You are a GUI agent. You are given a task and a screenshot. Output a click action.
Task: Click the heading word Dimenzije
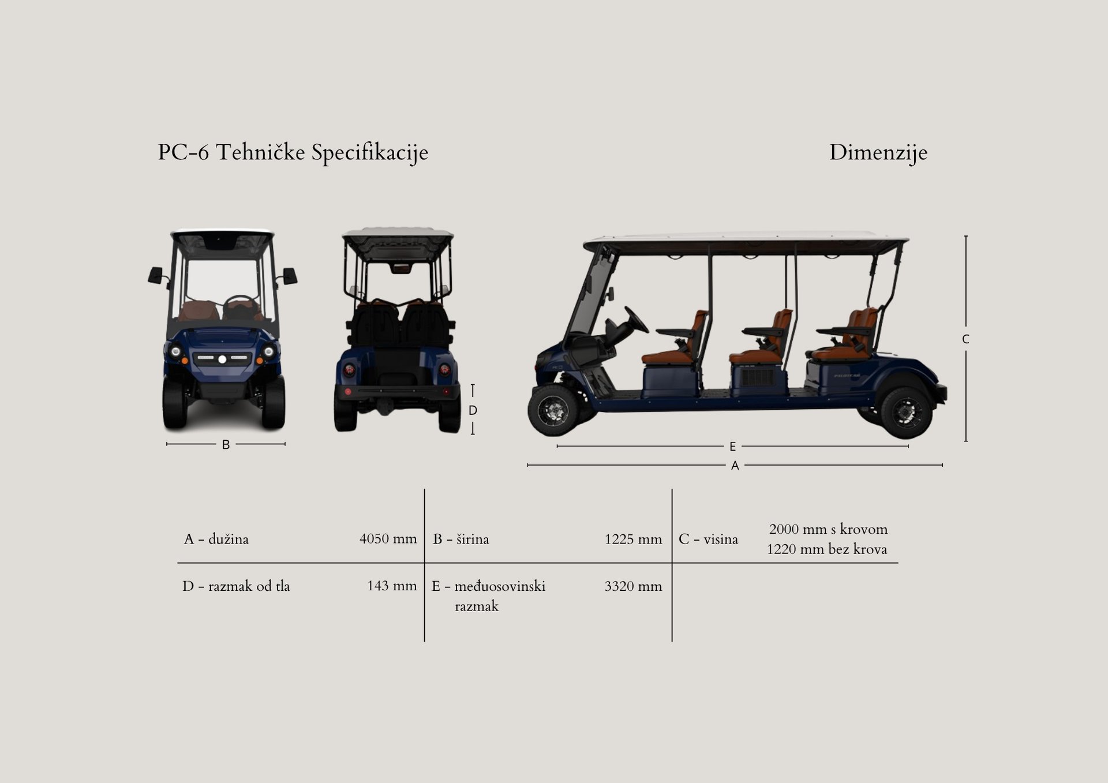pos(878,153)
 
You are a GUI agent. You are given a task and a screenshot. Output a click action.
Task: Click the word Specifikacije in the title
pos(369,153)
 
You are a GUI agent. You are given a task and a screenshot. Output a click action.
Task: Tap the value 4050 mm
pos(388,539)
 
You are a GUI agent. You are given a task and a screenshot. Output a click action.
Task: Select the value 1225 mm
pos(633,539)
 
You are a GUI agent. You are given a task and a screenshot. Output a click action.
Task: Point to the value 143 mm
pos(392,586)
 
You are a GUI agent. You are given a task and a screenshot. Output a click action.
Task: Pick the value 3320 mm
pos(633,586)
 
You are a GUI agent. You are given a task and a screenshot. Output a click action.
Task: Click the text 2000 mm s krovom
pos(828,529)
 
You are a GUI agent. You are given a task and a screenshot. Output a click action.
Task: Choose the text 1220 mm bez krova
pos(826,549)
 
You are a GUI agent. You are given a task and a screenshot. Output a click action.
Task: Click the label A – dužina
pos(216,539)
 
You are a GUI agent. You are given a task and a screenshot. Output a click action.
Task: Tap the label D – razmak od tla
pos(236,586)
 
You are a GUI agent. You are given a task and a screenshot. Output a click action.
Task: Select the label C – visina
pos(708,539)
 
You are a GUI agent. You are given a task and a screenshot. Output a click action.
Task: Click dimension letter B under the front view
pos(226,445)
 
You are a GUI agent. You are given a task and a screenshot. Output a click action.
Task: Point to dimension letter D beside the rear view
pos(473,410)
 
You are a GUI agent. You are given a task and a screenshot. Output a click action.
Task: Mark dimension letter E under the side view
pos(732,447)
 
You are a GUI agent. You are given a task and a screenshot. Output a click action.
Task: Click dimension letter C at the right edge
pos(965,339)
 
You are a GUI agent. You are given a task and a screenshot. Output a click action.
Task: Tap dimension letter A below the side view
pos(735,466)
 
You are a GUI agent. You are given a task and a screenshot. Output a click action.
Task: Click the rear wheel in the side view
pos(906,413)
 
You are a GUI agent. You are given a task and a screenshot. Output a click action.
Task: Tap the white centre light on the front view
pos(222,359)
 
